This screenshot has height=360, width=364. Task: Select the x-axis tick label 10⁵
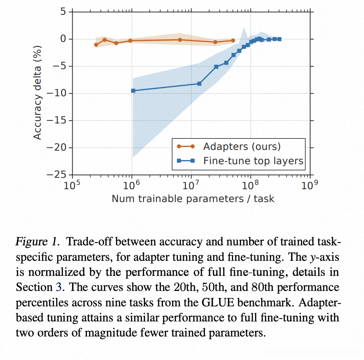[x=72, y=185]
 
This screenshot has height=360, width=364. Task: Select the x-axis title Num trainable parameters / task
[x=193, y=199]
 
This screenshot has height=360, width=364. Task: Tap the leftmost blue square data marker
[x=133, y=90]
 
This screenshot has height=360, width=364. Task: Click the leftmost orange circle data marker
[x=96, y=45]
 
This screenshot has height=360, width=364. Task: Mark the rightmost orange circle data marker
[x=233, y=40]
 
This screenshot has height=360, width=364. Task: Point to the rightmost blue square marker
[x=279, y=39]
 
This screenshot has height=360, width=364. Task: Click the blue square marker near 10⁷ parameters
[x=199, y=84]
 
